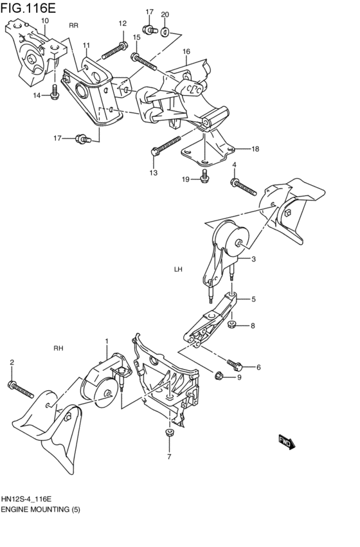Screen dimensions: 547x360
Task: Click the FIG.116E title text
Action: (x=29, y=8)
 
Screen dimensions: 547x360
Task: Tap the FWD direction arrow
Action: (x=285, y=442)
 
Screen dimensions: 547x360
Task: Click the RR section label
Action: (x=73, y=25)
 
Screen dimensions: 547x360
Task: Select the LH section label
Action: (x=178, y=269)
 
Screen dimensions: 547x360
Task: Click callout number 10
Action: (x=44, y=21)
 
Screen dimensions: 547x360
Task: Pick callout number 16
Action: (x=186, y=51)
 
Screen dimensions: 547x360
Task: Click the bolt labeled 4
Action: (x=242, y=186)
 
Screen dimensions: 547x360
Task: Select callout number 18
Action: (x=255, y=149)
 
